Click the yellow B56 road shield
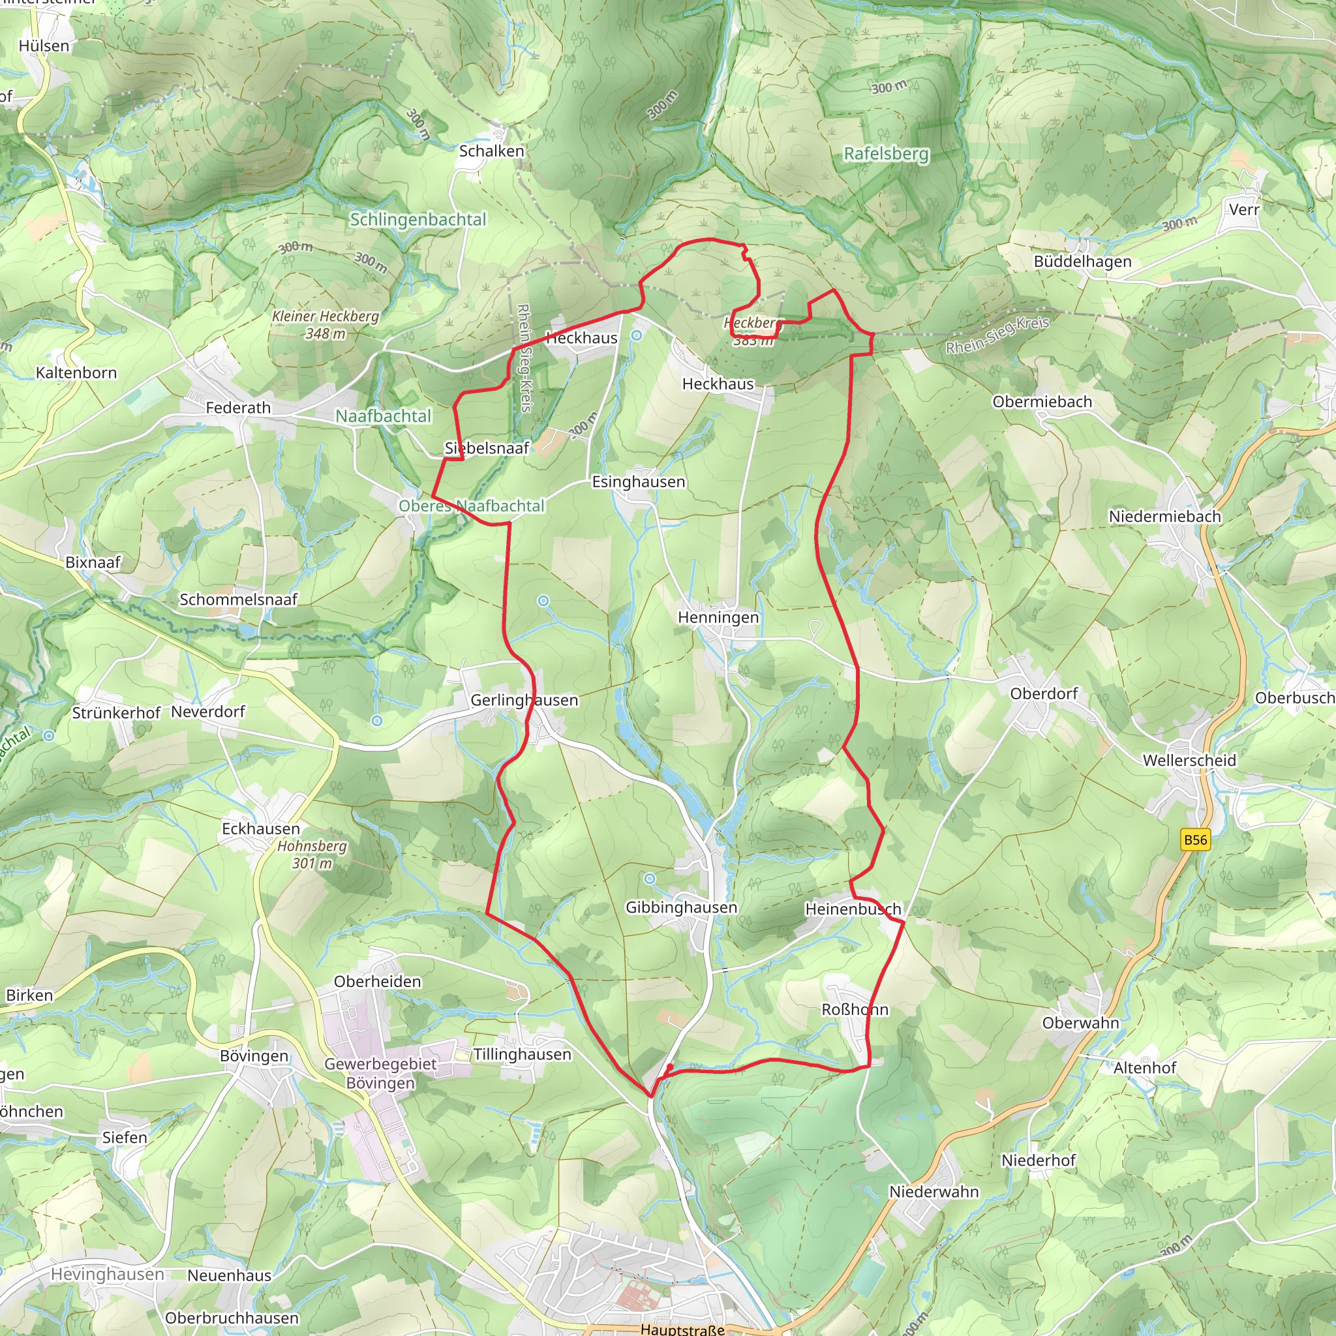click(1195, 840)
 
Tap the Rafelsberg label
click(886, 153)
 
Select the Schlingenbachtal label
click(417, 219)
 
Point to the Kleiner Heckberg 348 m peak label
click(325, 324)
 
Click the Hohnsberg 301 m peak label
click(312, 854)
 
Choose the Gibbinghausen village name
click(681, 907)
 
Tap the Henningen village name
click(718, 618)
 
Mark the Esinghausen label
click(638, 482)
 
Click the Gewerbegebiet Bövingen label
click(380, 1073)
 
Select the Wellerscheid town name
click(1189, 761)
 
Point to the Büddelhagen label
click(1082, 262)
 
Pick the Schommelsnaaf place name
click(239, 600)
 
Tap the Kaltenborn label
click(76, 372)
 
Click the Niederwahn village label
click(934, 1191)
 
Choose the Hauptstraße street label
click(682, 1329)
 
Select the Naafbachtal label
click(383, 416)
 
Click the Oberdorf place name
click(1044, 693)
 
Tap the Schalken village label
click(492, 151)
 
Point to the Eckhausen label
click(261, 828)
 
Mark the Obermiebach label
click(1042, 402)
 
